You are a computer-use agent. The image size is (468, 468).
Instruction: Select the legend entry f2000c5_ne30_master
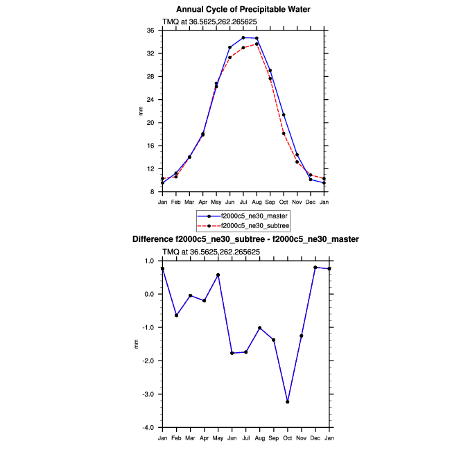pyautogui.click(x=254, y=216)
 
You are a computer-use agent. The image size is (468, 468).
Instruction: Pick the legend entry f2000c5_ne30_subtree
pyautogui.click(x=254, y=226)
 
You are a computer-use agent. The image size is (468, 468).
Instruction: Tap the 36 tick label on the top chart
pyautogui.click(x=150, y=31)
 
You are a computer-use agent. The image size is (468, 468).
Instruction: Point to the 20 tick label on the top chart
pyautogui.click(x=150, y=123)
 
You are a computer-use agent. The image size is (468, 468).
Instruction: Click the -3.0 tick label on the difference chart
pyautogui.click(x=148, y=395)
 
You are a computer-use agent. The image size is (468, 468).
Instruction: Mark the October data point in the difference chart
pyautogui.click(x=287, y=402)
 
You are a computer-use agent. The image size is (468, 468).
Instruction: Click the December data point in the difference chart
pyautogui.click(x=315, y=268)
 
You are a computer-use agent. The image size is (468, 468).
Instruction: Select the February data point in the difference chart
pyautogui.click(x=176, y=315)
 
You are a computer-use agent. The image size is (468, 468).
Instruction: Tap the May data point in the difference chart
pyautogui.click(x=218, y=275)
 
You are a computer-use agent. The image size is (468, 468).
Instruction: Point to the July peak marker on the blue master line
pyautogui.click(x=243, y=37)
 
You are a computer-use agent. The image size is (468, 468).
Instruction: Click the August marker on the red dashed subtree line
pyautogui.click(x=257, y=44)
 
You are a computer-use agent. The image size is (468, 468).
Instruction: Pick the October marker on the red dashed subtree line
pyautogui.click(x=284, y=133)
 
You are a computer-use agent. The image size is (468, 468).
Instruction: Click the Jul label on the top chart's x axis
pyautogui.click(x=243, y=202)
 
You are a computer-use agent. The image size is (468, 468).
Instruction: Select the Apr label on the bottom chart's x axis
pyautogui.click(x=203, y=437)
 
